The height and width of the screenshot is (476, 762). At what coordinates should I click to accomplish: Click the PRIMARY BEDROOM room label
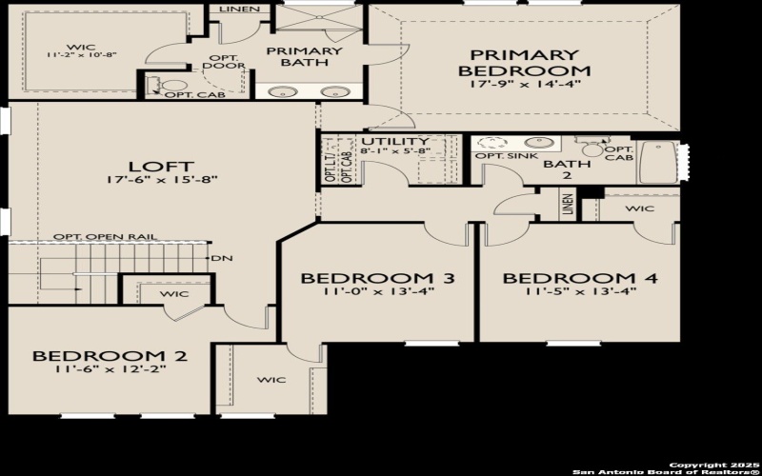[x=524, y=62]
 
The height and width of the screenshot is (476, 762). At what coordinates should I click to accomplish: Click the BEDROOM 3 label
[x=377, y=278]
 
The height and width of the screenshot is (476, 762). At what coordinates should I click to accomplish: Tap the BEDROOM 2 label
[x=110, y=356]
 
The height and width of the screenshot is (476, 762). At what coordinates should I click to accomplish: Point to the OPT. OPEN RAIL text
[x=105, y=236]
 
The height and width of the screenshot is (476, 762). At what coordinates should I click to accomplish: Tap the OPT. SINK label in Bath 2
[x=502, y=156]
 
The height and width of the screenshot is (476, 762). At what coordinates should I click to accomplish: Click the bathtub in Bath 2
[x=658, y=162]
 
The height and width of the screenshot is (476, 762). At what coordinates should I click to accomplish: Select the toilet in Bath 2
[x=593, y=148]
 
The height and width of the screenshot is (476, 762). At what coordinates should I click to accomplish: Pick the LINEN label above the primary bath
[x=236, y=9]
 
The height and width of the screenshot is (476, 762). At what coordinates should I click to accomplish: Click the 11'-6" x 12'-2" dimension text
[x=110, y=371]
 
